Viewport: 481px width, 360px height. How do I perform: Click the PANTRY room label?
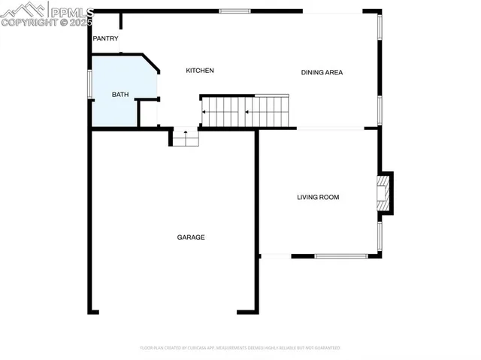click(x=105, y=38)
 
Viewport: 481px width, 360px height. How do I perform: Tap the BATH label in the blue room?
click(x=120, y=95)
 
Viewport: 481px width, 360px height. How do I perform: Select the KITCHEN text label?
click(x=200, y=71)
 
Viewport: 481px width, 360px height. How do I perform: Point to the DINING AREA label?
click(x=322, y=73)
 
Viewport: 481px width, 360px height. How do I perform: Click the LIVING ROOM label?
click(x=318, y=198)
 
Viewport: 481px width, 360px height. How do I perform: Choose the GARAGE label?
click(x=191, y=237)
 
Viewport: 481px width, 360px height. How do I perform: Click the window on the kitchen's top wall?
click(x=234, y=11)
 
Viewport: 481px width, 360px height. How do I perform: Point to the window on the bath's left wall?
click(x=90, y=84)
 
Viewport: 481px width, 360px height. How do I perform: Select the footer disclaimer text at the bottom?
click(x=240, y=348)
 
